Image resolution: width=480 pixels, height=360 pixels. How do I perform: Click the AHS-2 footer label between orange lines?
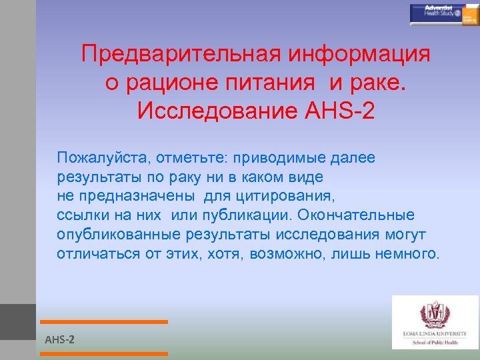coord(59,340)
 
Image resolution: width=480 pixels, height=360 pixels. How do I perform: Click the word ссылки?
coord(81,215)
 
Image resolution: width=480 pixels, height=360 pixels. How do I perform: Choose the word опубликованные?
coord(119,235)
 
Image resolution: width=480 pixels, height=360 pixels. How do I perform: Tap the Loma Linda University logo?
coord(435,322)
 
